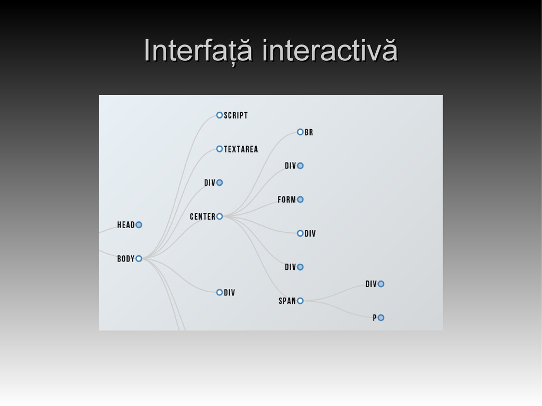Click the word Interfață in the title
[x=197, y=51]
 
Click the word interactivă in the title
[x=330, y=51]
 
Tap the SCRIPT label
[x=236, y=115]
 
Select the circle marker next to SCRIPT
[x=219, y=115]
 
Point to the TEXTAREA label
[x=241, y=149]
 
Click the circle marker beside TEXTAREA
[x=219, y=149]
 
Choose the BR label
[x=309, y=132]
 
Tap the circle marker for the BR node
[x=300, y=132]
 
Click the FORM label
[x=287, y=200]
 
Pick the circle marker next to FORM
[x=300, y=200]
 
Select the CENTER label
[x=203, y=216]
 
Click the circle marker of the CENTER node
[x=219, y=216]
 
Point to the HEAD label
[x=126, y=225]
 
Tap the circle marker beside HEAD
[x=139, y=224]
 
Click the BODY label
[x=126, y=259]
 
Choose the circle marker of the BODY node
[x=139, y=258]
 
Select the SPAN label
[x=287, y=301]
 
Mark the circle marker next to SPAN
[x=300, y=301]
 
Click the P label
[x=375, y=318]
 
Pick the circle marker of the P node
[x=381, y=318]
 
